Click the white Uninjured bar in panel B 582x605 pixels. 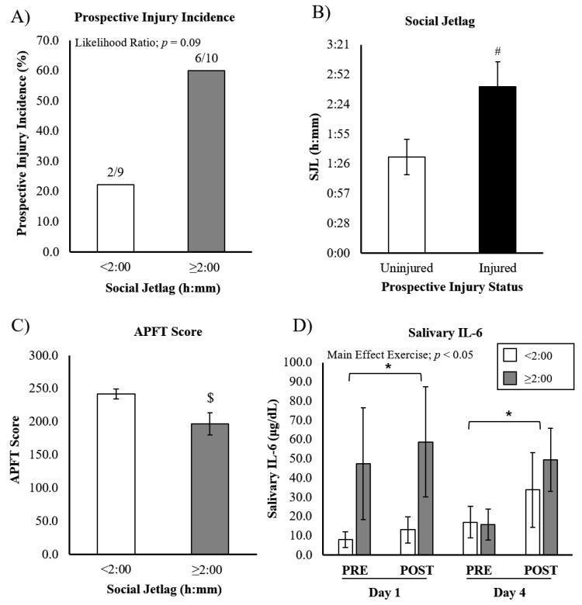tap(407, 204)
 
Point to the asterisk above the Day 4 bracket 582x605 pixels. tap(508, 416)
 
